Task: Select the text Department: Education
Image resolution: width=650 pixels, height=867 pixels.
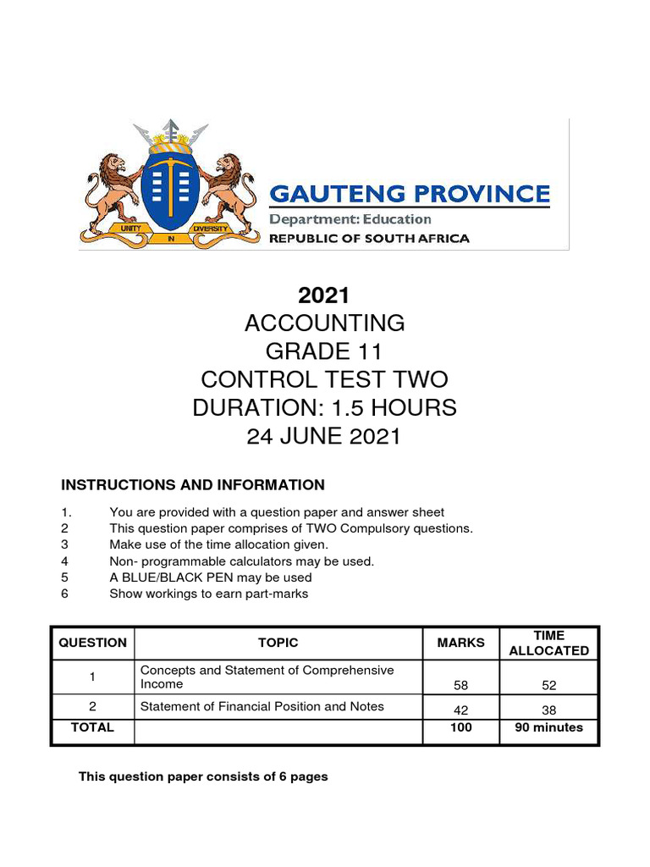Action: coord(350,219)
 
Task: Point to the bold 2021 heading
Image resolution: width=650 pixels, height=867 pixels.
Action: coord(324,295)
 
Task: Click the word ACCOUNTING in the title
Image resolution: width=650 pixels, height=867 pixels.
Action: coord(324,323)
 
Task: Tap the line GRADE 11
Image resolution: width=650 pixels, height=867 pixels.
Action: coord(324,351)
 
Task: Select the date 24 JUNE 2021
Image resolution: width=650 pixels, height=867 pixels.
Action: coord(324,436)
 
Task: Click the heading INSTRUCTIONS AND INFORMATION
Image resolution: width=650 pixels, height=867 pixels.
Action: coord(192,485)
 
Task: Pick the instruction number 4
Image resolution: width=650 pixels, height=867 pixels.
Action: coord(64,561)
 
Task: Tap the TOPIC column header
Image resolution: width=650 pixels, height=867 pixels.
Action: coord(278,643)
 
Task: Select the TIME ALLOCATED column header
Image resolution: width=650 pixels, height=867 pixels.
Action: coord(549,643)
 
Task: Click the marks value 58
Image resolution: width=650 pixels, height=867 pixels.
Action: coord(461,686)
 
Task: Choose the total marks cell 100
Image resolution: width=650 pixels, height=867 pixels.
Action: coord(461,727)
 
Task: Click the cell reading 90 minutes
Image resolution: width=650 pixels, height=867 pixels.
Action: coord(549,727)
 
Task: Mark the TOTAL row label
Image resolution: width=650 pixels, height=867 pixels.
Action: coord(92,727)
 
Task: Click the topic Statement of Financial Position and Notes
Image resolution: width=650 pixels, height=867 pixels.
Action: coord(262,706)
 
